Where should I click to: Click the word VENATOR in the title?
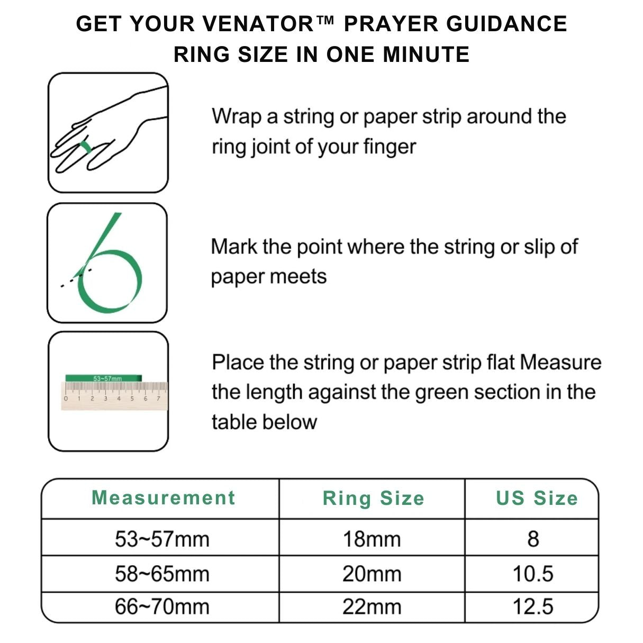(258, 24)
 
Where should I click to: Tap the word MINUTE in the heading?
(426, 55)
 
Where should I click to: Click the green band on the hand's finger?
(86, 147)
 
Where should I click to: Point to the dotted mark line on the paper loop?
(76, 278)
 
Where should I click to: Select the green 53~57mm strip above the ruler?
(103, 378)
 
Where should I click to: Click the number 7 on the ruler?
(158, 399)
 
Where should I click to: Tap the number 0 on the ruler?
(66, 399)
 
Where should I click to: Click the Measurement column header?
(164, 498)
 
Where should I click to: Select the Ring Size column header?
(374, 499)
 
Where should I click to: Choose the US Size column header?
(537, 498)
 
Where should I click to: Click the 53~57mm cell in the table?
(162, 539)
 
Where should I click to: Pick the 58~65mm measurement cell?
(162, 574)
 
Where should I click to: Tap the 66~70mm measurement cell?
(162, 606)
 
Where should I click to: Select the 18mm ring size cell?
(372, 539)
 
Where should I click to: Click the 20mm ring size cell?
(372, 574)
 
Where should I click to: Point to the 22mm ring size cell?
(372, 606)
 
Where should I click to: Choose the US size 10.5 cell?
(533, 574)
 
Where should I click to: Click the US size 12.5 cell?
(533, 606)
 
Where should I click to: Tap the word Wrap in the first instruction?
(237, 116)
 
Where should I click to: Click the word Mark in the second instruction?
(234, 247)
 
